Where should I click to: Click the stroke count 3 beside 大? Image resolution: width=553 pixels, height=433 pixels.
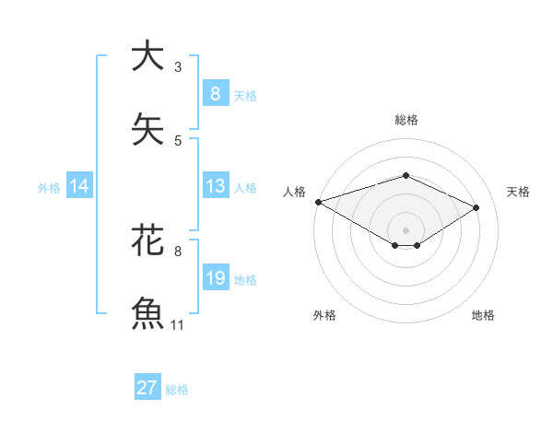[178, 66]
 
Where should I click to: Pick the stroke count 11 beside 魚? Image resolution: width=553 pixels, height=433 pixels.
[178, 325]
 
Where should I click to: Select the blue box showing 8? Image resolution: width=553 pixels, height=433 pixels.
[215, 94]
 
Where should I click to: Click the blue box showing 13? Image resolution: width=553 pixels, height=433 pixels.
[215, 186]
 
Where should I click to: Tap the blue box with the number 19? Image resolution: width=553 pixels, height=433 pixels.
[215, 278]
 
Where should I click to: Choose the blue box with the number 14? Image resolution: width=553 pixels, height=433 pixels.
[78, 186]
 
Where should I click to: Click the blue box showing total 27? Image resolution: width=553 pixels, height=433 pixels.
[147, 388]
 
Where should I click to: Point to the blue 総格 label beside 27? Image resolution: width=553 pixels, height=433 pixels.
[177, 390]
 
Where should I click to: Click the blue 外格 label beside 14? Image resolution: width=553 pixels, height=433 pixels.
[49, 188]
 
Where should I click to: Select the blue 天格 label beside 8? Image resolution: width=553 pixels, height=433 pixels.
[245, 96]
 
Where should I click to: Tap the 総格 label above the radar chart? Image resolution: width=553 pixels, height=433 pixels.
[406, 120]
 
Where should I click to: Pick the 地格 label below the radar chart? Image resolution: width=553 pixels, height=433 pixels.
[483, 315]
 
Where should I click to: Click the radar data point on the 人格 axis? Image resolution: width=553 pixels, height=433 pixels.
[318, 202]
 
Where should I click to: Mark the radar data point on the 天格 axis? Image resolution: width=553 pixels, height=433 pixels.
[477, 208]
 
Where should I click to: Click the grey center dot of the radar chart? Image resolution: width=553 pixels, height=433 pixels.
[406, 229]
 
